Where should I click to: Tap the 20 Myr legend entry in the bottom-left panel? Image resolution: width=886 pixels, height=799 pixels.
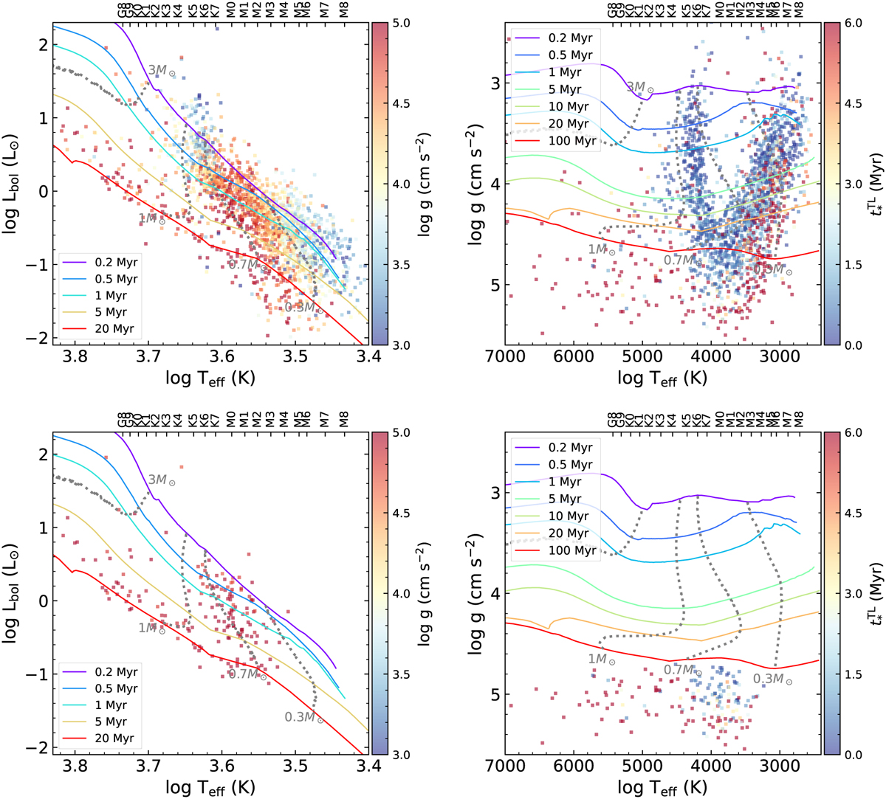click(x=114, y=739)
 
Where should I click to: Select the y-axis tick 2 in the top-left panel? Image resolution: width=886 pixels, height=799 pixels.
click(x=43, y=45)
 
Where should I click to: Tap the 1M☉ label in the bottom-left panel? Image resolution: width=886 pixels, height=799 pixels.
click(x=152, y=629)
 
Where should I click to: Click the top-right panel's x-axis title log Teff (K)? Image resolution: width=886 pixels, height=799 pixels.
click(x=663, y=378)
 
